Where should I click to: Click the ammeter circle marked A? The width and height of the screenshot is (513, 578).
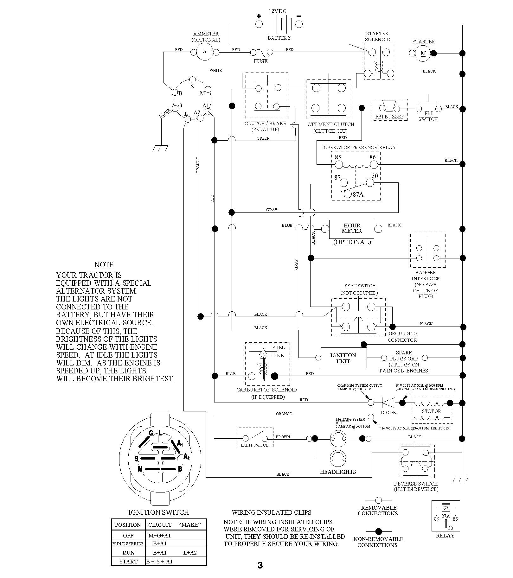coord(205,52)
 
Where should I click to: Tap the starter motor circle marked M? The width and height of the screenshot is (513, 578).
coord(423,53)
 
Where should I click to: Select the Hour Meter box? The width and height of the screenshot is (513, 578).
coord(352,229)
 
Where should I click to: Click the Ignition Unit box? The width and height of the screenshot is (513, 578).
coord(344,358)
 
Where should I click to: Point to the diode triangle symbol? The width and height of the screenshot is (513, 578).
coord(388,403)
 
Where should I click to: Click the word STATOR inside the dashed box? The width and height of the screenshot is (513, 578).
coord(431,411)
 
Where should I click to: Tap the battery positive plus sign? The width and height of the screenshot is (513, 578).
coord(259,16)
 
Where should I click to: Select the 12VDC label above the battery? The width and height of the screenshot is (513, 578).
coord(277,11)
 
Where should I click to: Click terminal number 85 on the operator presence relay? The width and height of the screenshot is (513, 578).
coord(338,157)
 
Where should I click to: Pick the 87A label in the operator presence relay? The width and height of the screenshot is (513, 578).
coord(358,194)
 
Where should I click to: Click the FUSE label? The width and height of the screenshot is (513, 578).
coord(260,61)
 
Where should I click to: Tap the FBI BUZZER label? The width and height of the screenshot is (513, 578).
coord(390,117)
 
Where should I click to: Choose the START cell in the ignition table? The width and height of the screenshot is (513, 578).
coord(128,562)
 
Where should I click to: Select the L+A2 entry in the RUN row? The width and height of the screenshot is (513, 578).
coord(190,553)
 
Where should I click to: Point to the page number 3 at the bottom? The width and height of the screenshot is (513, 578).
coord(260,565)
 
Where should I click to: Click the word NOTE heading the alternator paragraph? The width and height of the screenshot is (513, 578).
coord(104,265)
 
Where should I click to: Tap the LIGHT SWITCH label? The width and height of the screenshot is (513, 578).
coord(255,445)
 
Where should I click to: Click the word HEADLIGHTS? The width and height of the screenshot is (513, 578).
coord(338,472)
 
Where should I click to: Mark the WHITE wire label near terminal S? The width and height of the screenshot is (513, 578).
coord(215,70)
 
